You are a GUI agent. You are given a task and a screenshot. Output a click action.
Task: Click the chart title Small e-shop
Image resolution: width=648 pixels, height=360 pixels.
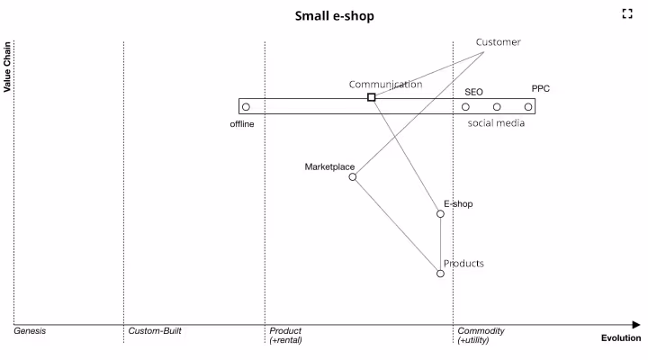pos(335,16)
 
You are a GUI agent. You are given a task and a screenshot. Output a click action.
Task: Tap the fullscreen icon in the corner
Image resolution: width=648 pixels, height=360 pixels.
pos(628,13)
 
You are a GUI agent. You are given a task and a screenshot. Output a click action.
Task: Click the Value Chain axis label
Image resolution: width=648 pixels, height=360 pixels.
pos(7,66)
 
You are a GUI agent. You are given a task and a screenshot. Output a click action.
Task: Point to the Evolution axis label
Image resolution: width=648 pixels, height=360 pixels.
pos(621,338)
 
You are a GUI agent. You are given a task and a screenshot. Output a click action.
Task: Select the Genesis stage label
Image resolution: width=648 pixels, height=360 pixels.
pos(30,331)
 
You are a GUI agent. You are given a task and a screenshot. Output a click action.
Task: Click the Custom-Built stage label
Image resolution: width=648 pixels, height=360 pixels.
pos(155,331)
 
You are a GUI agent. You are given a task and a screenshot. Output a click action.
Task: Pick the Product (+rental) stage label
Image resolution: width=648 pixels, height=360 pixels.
pos(285,336)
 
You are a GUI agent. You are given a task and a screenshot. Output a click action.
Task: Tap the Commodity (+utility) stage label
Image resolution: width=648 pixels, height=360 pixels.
pos(481,336)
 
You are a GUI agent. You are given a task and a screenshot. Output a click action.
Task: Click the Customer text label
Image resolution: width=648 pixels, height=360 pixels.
pos(498,42)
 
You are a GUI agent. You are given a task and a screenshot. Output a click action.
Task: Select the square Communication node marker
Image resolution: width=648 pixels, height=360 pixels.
pos(372,97)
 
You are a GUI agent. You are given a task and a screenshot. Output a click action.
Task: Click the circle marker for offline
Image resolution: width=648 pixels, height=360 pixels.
pos(246,107)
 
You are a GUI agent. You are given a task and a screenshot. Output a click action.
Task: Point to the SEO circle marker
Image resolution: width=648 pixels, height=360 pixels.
pos(465,107)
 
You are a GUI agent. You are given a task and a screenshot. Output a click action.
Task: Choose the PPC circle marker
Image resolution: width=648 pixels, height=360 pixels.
pos(528,107)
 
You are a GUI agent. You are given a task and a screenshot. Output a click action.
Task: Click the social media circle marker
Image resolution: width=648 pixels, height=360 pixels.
pos(497,107)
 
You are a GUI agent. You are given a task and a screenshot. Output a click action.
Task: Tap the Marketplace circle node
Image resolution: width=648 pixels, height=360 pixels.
pos(353,177)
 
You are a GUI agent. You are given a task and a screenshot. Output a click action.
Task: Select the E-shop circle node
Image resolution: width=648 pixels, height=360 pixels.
pos(440,213)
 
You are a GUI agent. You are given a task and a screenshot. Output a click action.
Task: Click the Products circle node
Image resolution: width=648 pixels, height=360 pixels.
pos(440,274)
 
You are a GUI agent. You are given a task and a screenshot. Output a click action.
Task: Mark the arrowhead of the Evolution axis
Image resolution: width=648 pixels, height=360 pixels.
pos(635,325)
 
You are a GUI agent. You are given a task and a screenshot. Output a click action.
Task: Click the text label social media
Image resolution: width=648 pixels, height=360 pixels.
pos(496,123)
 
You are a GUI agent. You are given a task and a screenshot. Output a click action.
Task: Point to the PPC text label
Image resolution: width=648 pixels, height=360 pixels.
pos(540,89)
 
